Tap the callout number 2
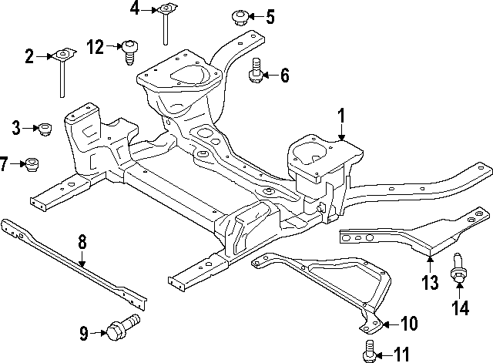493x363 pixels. [29, 55]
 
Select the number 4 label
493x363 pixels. [135, 9]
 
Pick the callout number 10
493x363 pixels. [408, 324]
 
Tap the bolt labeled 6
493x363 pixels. [256, 72]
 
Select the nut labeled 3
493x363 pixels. [44, 128]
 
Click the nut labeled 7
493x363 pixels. [32, 164]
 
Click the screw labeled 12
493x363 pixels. [130, 51]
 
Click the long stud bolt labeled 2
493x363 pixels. [60, 73]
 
